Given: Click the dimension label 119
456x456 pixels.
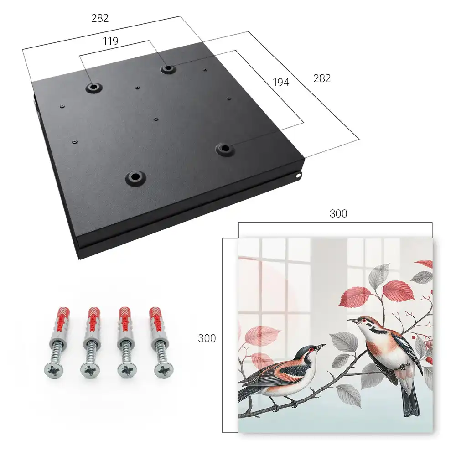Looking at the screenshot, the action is click(110, 41).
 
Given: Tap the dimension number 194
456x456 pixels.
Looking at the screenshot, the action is click(281, 83).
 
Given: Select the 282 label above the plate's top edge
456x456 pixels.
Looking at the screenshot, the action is click(100, 18).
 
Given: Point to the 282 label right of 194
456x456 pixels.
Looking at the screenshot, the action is click(322, 78).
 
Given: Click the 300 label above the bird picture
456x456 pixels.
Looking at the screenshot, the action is click(338, 214).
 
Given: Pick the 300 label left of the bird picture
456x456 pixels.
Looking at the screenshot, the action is click(207, 338).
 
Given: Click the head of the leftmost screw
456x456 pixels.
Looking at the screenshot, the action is click(54, 370).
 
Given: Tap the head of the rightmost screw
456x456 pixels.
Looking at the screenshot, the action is click(164, 370).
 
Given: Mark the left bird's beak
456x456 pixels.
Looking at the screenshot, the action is click(321, 347).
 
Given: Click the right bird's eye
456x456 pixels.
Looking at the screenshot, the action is click(364, 321).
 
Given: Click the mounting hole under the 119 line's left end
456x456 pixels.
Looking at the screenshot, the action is click(93, 87).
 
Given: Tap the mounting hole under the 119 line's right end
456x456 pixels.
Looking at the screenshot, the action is click(168, 69).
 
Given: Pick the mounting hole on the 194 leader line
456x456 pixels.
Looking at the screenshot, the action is click(224, 149).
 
